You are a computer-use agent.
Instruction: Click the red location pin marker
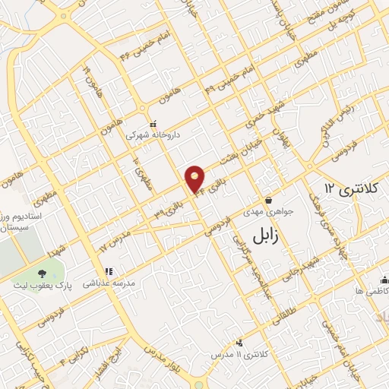pos(196,179)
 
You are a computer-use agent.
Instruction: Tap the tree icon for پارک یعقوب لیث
pos(40,272)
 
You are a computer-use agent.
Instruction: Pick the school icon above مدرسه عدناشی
pos(108,270)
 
